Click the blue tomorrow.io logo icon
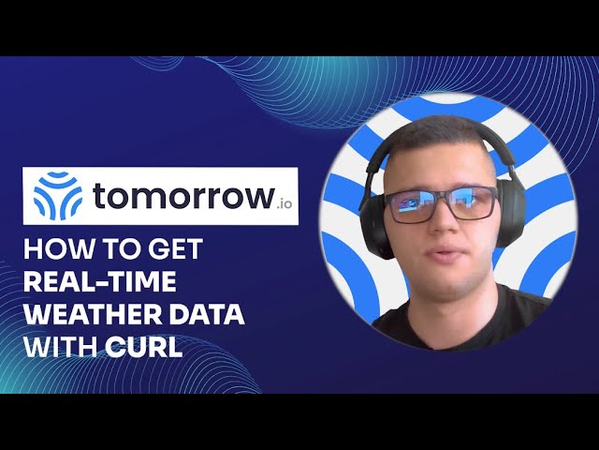[x=57, y=196]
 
